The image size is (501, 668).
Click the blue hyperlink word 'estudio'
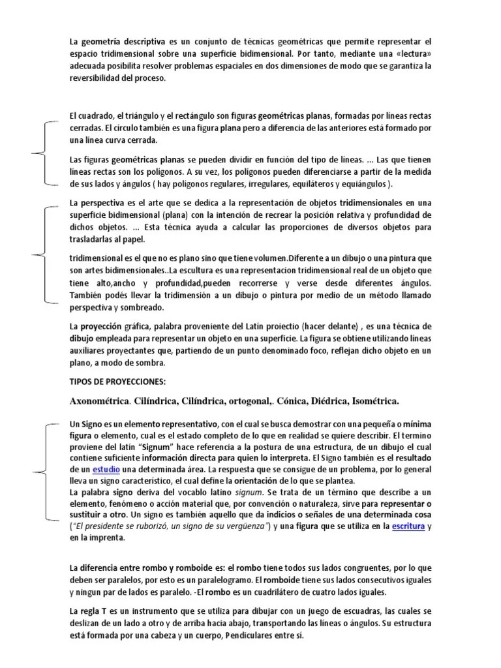pos(107,469)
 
